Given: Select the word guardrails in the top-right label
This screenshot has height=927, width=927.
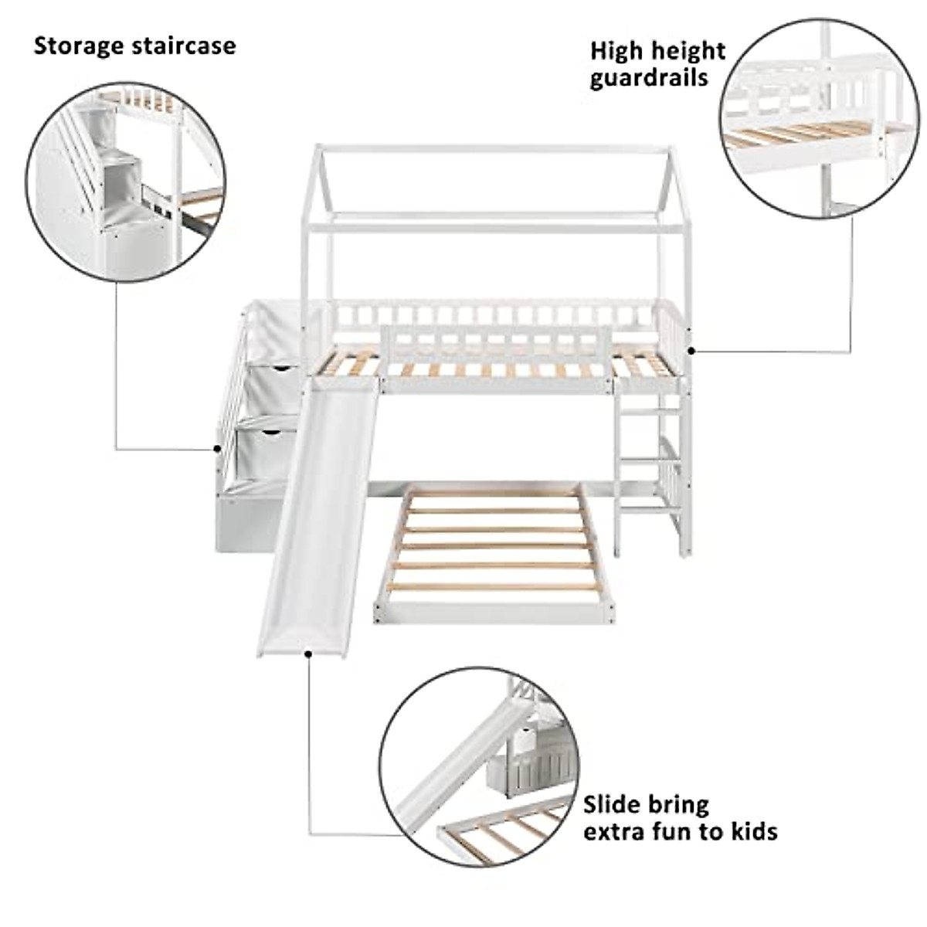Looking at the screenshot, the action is [x=649, y=78].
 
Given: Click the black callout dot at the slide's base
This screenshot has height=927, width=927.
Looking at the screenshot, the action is [x=308, y=654].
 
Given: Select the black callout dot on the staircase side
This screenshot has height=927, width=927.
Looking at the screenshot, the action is [x=216, y=448].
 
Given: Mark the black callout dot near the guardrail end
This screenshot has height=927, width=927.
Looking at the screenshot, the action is [x=691, y=350].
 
